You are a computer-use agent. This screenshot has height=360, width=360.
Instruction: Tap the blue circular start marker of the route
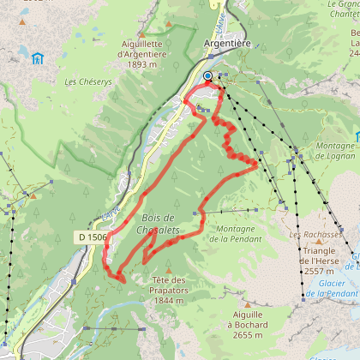click(x=207, y=76)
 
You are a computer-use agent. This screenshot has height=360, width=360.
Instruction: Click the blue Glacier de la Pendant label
click(x=330, y=289)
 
